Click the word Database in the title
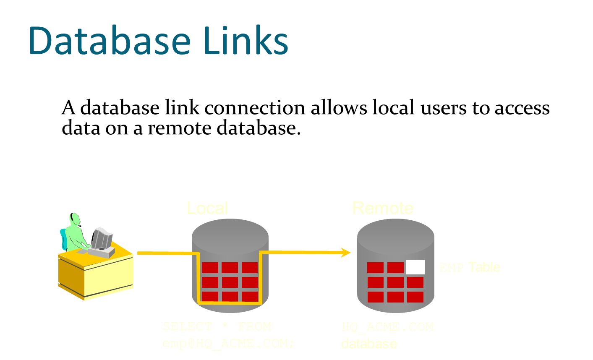(109, 41)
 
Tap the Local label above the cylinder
(207, 208)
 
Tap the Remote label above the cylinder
(382, 208)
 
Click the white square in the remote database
(415, 267)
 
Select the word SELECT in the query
(187, 326)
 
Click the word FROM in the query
(255, 326)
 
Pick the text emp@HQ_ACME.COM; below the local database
(228, 343)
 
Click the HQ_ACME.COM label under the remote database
(387, 327)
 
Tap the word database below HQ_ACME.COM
(369, 344)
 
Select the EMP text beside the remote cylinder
(452, 268)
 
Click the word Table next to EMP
(484, 267)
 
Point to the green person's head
(75, 219)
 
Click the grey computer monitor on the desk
(102, 238)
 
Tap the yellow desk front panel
(108, 277)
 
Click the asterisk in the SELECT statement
(225, 326)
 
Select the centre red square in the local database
(230, 282)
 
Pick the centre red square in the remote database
(395, 282)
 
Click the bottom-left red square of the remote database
(375, 297)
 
